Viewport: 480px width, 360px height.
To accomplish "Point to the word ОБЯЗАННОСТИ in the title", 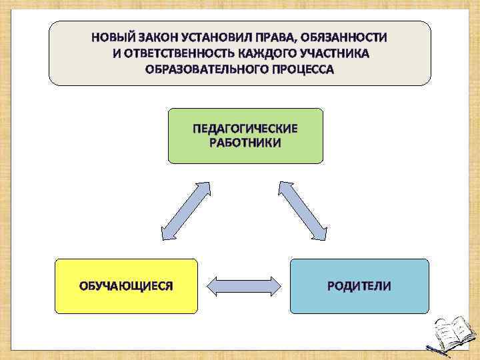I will tap(345, 37).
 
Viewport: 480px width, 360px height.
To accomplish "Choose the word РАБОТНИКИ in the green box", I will tap(245, 143).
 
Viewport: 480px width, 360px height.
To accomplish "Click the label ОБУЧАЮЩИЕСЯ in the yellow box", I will tap(126, 287).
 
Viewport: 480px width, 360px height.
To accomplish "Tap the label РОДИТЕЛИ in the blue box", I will tap(359, 287).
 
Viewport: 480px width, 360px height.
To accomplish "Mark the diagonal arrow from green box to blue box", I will tap(302, 210).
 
